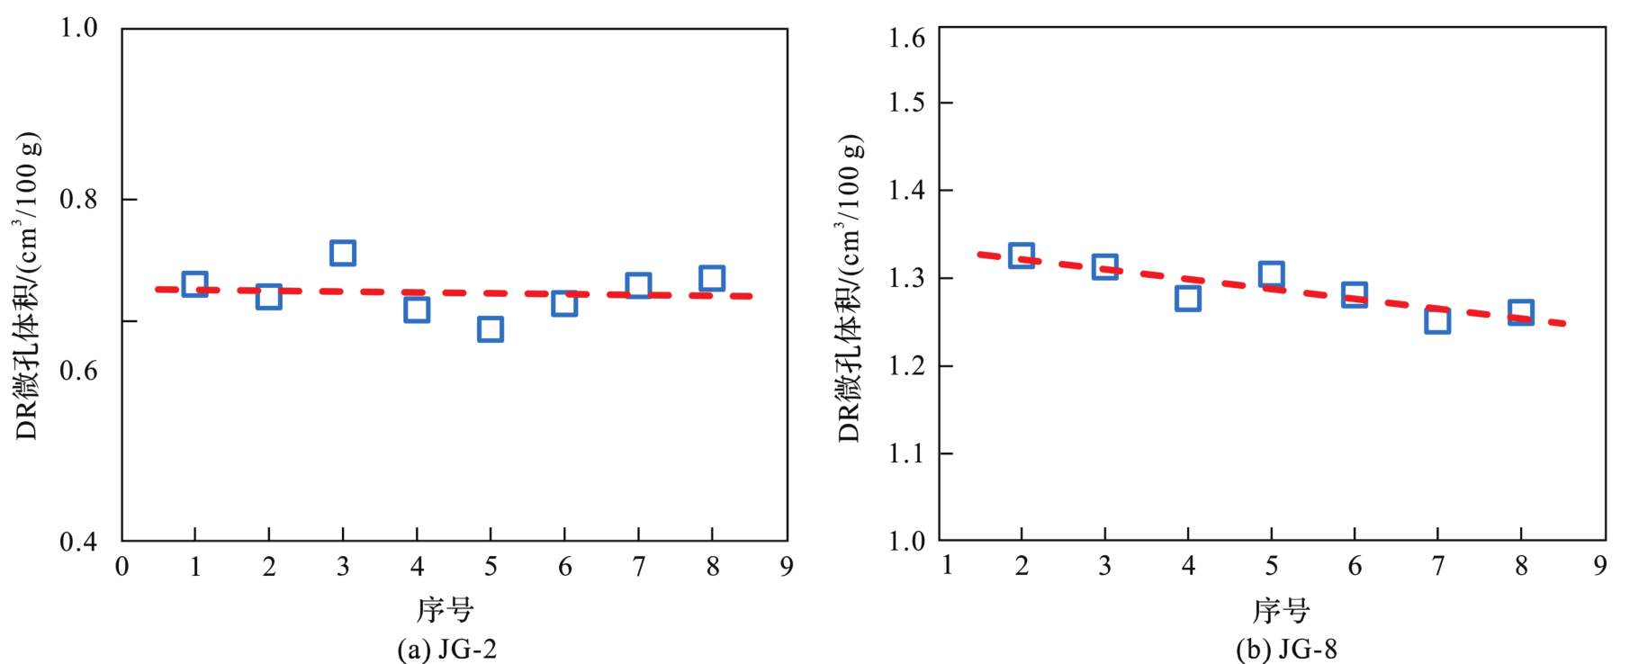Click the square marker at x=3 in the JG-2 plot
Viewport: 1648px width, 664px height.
coord(342,253)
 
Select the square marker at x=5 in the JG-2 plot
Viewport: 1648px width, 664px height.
coord(490,329)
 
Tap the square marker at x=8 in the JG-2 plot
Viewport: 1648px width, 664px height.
coord(712,278)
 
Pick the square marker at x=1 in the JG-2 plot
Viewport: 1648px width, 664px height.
coord(194,284)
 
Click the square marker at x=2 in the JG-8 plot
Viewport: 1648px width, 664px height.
coord(1021,256)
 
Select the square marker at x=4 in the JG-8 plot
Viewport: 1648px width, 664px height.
coord(1187,299)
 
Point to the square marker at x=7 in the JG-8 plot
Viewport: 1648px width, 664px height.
coord(1437,321)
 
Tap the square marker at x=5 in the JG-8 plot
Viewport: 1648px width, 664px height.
coord(1271,274)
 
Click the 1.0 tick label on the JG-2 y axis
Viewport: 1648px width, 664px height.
coord(78,28)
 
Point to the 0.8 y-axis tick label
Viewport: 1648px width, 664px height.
coord(78,199)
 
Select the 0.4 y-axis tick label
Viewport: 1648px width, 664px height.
coord(78,542)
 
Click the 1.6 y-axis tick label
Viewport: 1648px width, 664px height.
coord(906,38)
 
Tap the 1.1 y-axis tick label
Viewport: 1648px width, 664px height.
coord(906,453)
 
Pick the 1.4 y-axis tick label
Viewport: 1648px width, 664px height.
coord(906,190)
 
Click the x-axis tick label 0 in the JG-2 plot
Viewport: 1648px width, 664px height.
coord(122,567)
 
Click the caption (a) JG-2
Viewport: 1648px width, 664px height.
coord(446,649)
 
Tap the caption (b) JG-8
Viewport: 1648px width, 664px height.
coord(1286,649)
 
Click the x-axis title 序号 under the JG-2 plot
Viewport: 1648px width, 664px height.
coord(445,610)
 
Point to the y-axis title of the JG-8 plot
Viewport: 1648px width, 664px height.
coord(850,288)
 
